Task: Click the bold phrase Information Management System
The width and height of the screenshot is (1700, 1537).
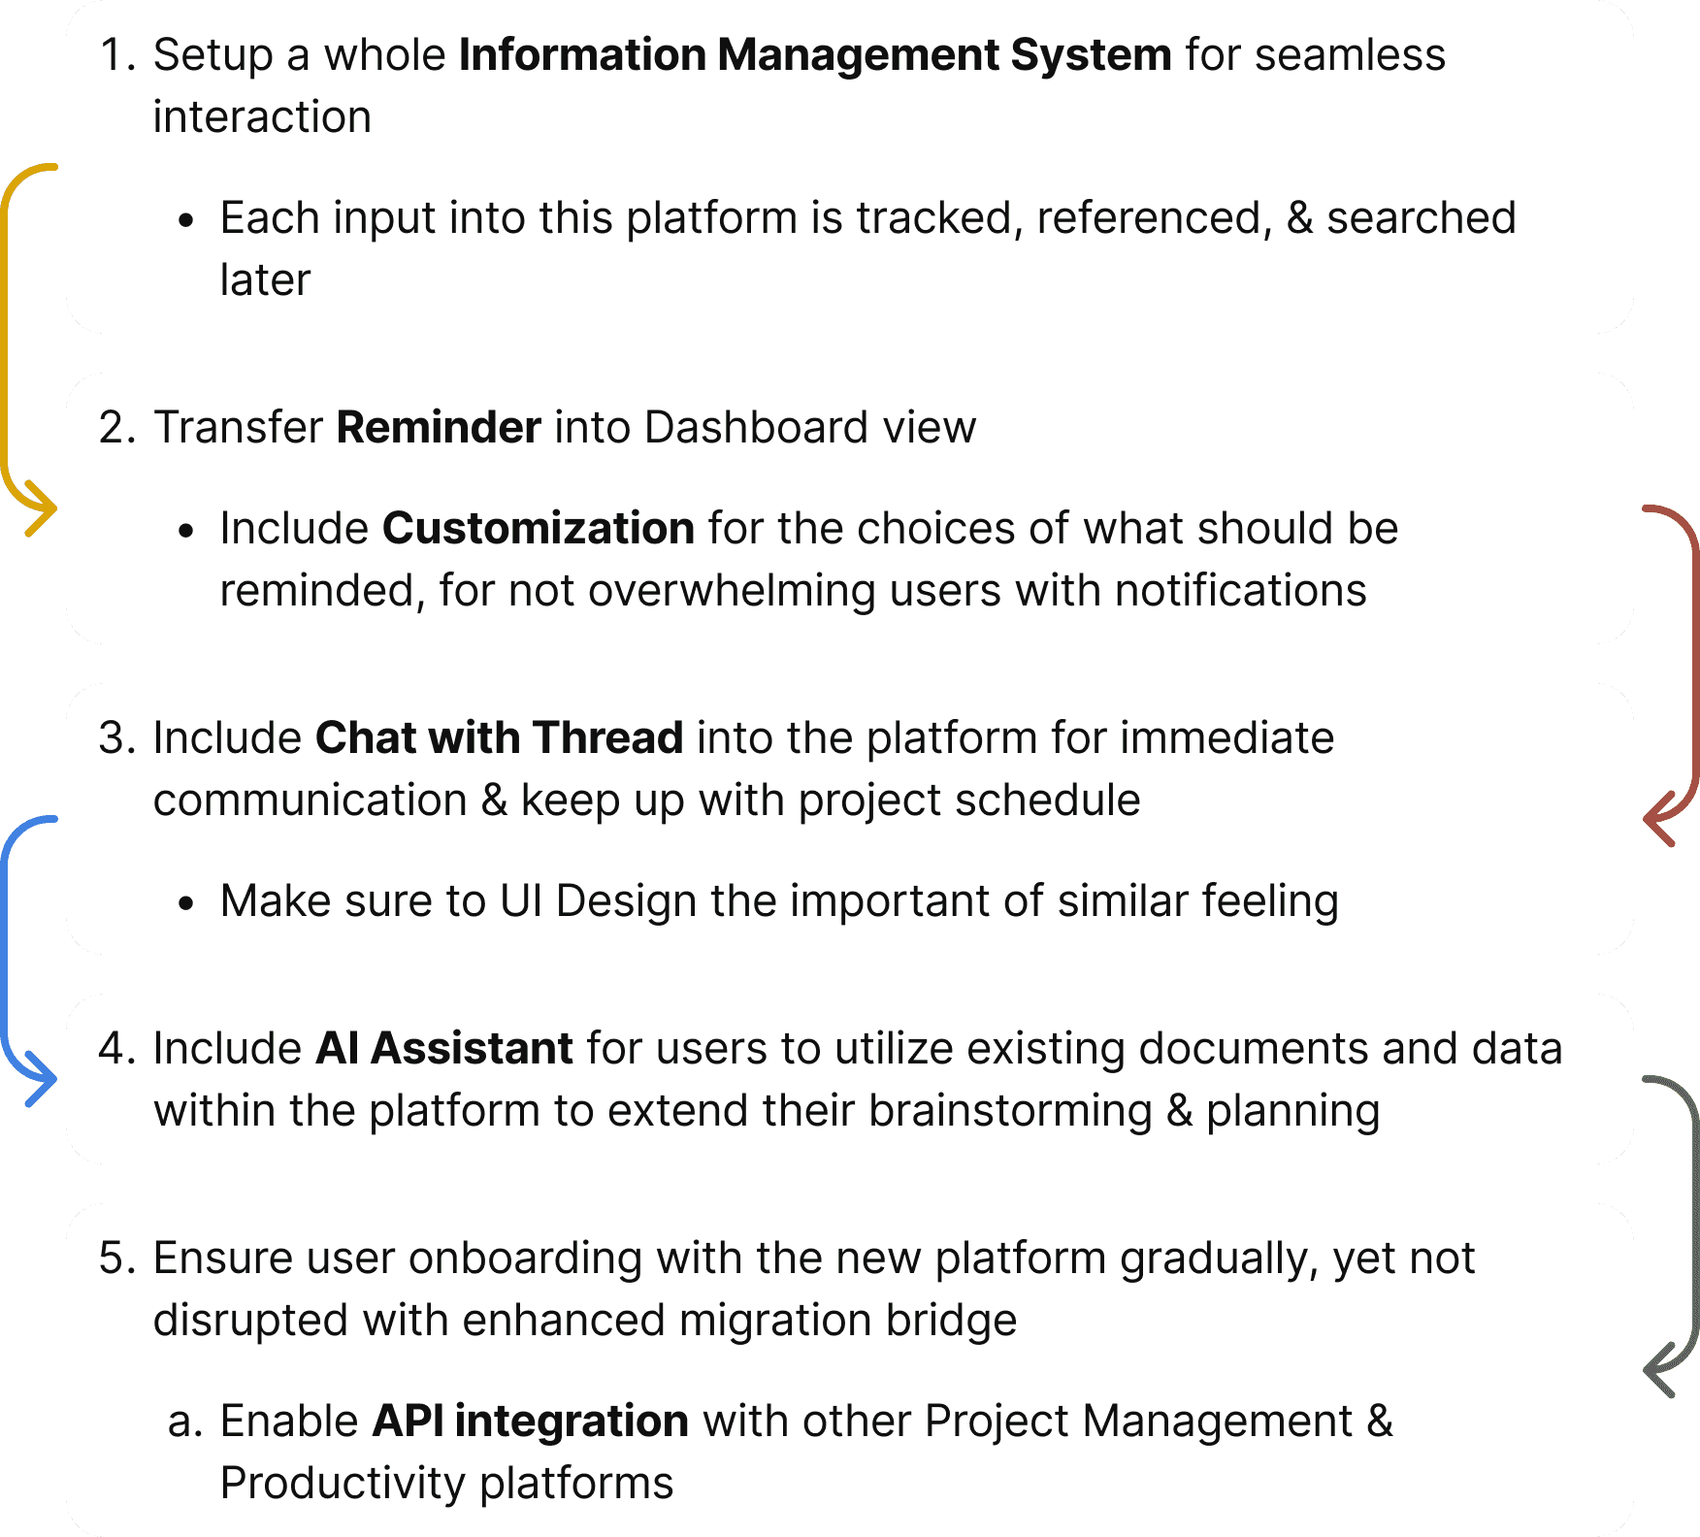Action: [x=815, y=55]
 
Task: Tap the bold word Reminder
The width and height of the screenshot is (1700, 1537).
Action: [x=439, y=428]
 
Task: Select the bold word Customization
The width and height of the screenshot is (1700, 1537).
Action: [x=539, y=529]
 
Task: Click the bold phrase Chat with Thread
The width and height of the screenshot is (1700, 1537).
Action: [x=500, y=738]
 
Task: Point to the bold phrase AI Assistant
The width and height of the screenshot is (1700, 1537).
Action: [x=444, y=1049]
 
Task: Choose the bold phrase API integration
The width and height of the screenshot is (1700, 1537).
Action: [x=531, y=1422]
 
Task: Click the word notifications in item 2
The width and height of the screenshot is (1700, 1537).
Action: [x=1241, y=591]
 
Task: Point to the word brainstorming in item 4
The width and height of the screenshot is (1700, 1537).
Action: [x=1009, y=1111]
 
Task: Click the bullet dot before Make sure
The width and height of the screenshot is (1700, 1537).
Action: [x=187, y=903]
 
